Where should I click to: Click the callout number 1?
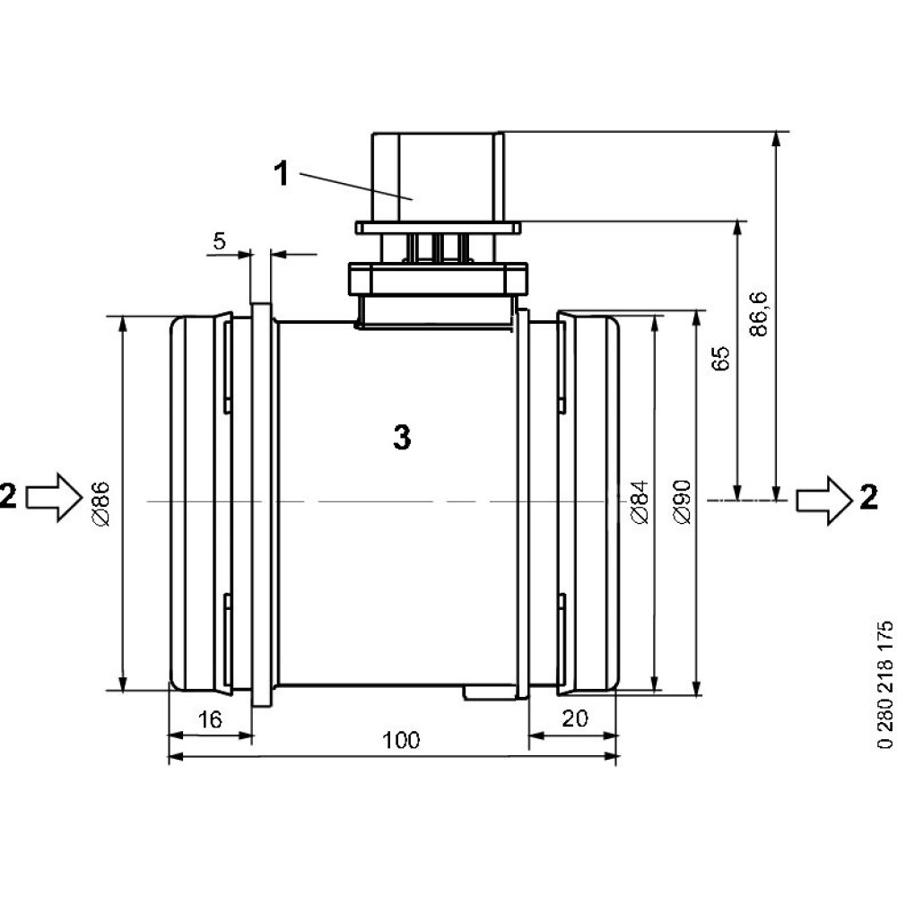[x=282, y=173]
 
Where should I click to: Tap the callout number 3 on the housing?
[x=401, y=438]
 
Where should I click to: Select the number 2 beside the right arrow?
[x=868, y=496]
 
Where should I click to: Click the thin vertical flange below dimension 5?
[x=262, y=502]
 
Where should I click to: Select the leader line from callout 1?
[x=354, y=185]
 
